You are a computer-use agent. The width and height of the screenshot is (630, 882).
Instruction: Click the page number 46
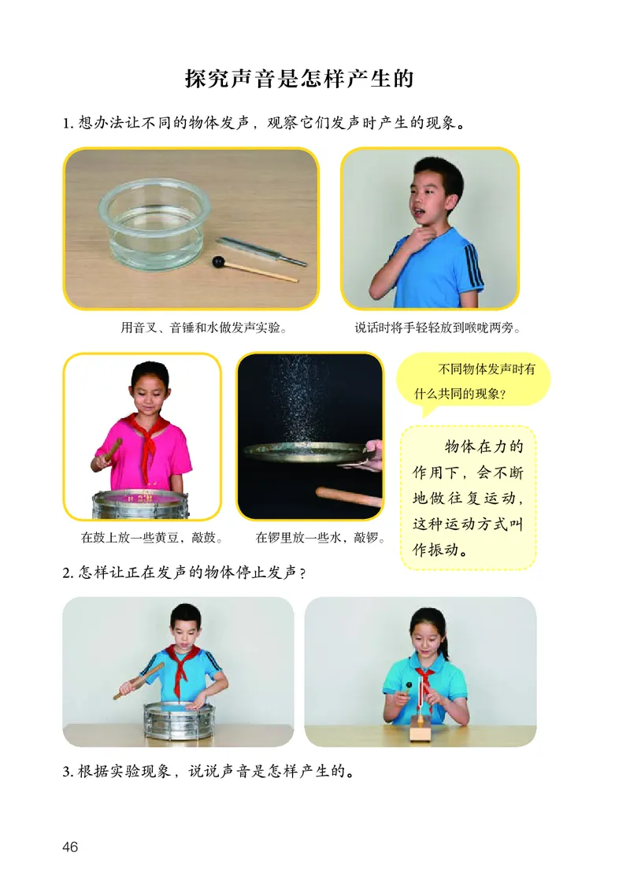(x=69, y=847)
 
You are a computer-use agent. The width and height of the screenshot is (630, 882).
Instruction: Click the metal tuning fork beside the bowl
(x=261, y=250)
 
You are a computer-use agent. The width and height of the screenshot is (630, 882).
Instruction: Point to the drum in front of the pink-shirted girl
(x=140, y=504)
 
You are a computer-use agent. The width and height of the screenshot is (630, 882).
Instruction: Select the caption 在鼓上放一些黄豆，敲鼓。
(x=150, y=539)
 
